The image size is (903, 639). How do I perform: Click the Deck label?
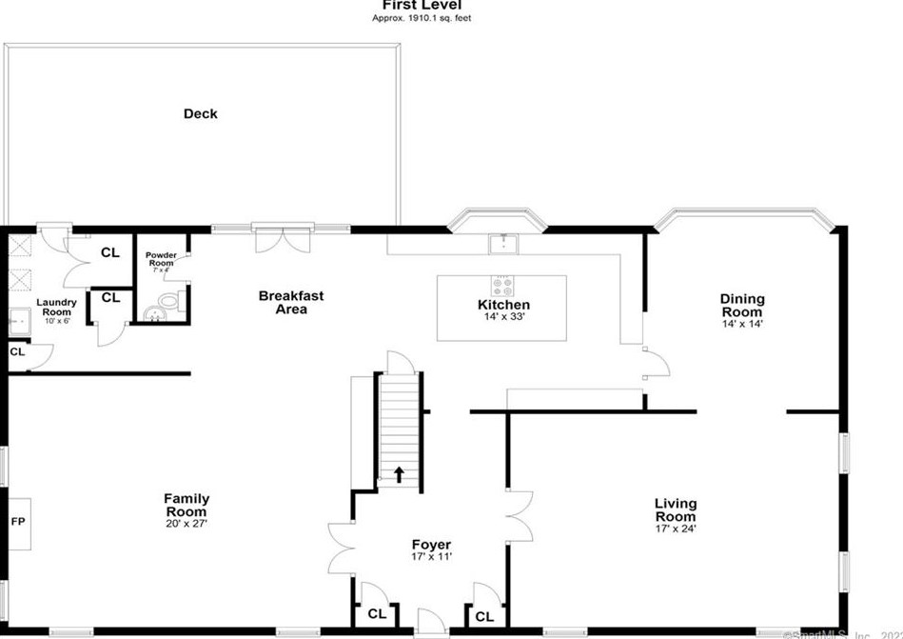(x=200, y=114)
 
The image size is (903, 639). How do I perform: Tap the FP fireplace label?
(x=16, y=522)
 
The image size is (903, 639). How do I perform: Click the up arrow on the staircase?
(x=399, y=471)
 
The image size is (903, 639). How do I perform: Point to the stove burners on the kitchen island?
(x=501, y=284)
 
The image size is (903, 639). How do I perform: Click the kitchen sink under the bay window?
(x=502, y=244)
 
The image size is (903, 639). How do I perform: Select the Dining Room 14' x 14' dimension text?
(x=741, y=324)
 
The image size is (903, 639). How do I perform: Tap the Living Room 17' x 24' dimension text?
(x=676, y=529)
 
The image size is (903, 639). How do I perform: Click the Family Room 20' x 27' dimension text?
(x=186, y=523)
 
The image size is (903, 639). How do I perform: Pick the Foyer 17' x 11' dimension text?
(x=431, y=557)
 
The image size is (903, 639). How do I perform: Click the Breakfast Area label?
(x=291, y=302)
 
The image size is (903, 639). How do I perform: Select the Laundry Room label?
(x=55, y=308)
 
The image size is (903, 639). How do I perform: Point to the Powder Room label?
(x=159, y=259)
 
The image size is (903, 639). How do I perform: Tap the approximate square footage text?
(x=421, y=17)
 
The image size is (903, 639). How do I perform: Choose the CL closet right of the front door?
(x=484, y=616)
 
